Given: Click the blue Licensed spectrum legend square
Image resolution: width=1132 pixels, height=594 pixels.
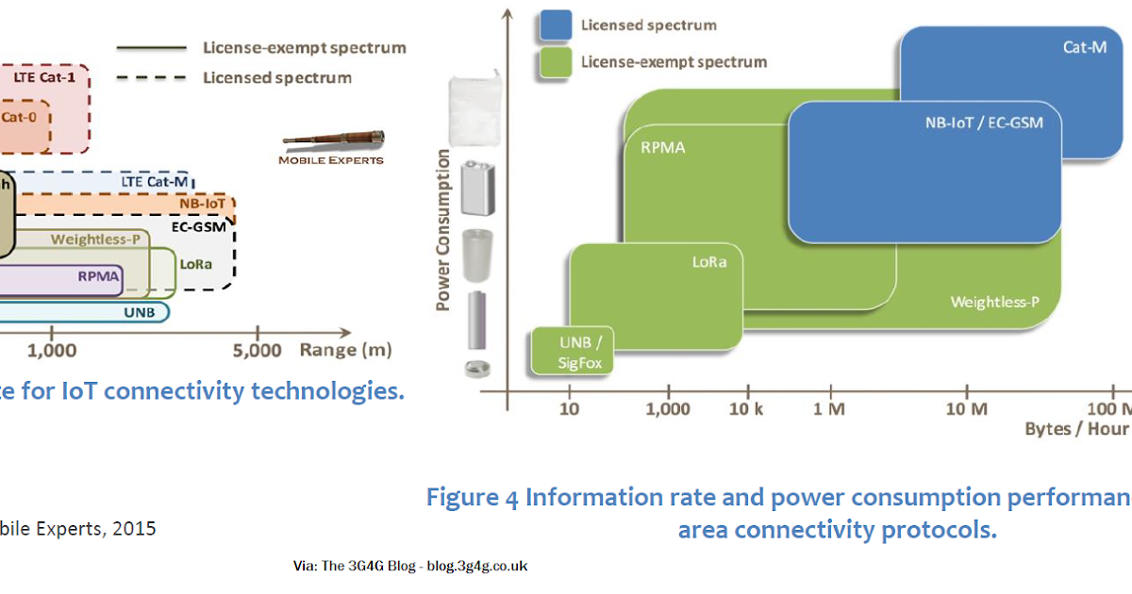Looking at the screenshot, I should [x=556, y=25].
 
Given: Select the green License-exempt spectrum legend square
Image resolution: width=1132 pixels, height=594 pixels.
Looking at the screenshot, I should [x=556, y=62].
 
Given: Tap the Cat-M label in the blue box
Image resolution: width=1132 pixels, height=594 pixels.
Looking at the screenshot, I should [x=1084, y=46].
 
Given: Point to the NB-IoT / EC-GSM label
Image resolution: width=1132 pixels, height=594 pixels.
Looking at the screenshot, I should [x=984, y=123].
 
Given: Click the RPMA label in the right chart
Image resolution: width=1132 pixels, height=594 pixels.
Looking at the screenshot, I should [x=662, y=148].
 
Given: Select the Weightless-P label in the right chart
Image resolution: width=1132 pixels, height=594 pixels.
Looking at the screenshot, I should [x=994, y=302].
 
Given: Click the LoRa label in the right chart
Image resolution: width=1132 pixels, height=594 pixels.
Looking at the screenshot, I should [x=709, y=262].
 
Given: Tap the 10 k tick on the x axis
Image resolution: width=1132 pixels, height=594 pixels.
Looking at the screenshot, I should [x=744, y=409].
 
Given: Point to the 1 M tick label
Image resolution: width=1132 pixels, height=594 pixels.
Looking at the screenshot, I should [x=829, y=409].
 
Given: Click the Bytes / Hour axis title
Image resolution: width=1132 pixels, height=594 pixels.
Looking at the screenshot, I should [x=1076, y=429].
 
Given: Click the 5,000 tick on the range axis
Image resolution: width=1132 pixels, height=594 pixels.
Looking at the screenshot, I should [x=258, y=351].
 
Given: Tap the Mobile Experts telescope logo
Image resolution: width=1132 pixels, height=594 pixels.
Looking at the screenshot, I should [x=332, y=140].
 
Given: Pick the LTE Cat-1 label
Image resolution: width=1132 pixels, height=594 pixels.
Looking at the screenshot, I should [x=44, y=76].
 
